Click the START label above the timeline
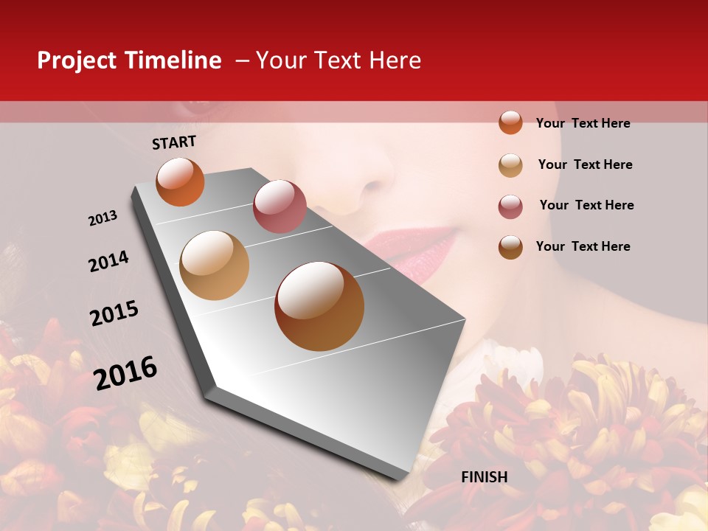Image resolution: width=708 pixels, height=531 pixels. point(174,142)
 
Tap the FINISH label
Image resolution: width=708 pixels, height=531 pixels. point(485,477)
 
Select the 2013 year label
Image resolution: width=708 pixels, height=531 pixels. point(103,218)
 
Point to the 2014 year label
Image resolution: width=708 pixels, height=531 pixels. point(108,261)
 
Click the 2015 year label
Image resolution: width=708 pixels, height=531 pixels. point(114,313)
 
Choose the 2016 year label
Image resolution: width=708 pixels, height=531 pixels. point(125,372)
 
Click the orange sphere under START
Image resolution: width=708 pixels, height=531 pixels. point(180,181)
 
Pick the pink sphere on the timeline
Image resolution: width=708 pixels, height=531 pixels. point(280,206)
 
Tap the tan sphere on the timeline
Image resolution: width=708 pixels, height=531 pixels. point(215,265)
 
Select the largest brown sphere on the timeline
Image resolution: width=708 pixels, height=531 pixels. point(319,306)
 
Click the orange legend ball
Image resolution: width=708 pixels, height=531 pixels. point(510,122)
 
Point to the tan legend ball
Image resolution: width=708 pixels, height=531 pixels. point(510,165)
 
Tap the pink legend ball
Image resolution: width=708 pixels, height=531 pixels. point(510,206)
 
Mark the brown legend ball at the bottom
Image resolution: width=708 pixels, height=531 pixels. point(510,247)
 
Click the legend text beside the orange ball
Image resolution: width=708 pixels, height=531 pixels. point(583,123)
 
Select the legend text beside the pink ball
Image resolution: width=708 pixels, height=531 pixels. point(587,205)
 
